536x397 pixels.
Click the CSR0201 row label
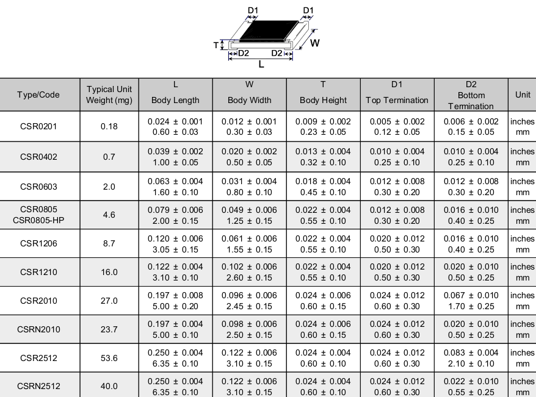tap(38, 126)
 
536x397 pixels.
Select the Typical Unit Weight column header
tap(109, 95)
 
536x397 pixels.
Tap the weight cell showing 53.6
tap(109, 358)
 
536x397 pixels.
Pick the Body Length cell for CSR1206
tap(175, 243)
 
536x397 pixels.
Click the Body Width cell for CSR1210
tap(249, 272)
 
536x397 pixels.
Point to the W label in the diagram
tap(315, 43)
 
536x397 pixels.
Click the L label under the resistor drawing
tap(261, 63)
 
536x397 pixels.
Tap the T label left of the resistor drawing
tap(216, 45)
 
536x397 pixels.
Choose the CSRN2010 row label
tap(38, 329)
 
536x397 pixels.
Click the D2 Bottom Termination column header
tap(471, 95)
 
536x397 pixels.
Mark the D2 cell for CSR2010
tap(471, 301)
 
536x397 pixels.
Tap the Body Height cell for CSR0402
tap(323, 157)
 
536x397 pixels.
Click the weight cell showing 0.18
tap(109, 126)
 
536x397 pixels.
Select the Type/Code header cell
tap(38, 95)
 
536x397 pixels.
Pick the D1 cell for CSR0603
tap(397, 187)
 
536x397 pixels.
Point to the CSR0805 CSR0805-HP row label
tap(38, 215)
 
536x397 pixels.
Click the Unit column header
tap(523, 95)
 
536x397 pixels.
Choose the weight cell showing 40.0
tap(109, 386)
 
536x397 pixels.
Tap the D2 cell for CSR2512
tap(471, 358)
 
